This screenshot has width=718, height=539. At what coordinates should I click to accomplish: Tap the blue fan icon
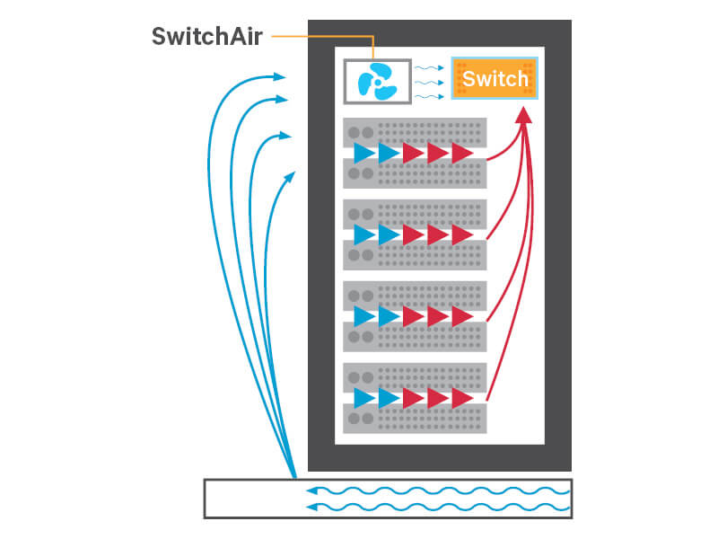(x=377, y=82)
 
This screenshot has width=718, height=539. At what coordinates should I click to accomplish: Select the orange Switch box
(x=495, y=79)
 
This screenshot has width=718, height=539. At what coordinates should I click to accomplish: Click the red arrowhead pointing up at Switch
(x=524, y=114)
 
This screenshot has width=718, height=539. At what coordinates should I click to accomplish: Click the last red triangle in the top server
(x=462, y=154)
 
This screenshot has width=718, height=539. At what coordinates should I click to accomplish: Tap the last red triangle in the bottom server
(x=462, y=398)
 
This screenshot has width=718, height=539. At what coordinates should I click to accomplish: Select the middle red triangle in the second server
(x=438, y=235)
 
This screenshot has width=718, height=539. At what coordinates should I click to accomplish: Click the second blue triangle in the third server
(x=389, y=316)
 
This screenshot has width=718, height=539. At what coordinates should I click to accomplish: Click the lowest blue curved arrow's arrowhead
(x=291, y=173)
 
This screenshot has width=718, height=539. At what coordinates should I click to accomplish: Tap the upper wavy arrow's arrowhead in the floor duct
(x=311, y=491)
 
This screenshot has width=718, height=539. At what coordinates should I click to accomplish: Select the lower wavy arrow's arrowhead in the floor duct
(x=311, y=508)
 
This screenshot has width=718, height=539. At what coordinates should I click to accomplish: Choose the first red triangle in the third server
(x=413, y=316)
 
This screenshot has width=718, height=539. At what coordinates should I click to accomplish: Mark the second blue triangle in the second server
(x=389, y=235)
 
